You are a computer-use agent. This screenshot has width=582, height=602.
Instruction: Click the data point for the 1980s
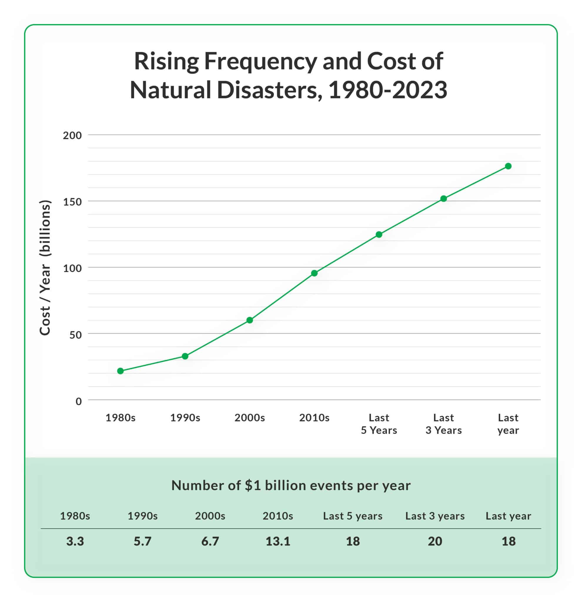[x=121, y=371]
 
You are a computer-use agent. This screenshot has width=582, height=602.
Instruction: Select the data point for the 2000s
[x=250, y=320]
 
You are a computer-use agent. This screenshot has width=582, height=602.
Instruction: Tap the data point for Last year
[x=508, y=166]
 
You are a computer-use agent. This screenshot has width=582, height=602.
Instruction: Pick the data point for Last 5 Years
[x=379, y=234]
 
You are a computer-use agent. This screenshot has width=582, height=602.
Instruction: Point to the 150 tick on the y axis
[x=73, y=202]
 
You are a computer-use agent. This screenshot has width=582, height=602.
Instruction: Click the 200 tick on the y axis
[x=73, y=136]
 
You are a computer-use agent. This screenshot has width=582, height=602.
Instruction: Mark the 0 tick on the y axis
[x=78, y=401]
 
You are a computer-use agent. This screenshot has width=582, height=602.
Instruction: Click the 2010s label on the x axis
[x=314, y=418]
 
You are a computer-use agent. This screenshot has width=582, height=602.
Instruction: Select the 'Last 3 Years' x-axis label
[x=444, y=424]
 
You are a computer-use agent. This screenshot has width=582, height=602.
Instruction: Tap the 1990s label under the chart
[x=185, y=418]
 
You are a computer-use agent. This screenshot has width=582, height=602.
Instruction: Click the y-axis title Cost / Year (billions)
[x=45, y=267]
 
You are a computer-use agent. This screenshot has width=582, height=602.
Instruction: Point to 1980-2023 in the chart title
[x=388, y=90]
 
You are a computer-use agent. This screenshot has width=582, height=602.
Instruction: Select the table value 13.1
[x=278, y=541]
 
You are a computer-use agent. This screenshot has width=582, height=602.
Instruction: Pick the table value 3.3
[x=75, y=541]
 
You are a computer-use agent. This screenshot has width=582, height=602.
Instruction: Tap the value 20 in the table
[x=435, y=541]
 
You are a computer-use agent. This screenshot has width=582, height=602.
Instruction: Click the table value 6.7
[x=210, y=541]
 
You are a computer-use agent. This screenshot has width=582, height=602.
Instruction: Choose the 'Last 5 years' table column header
[x=352, y=516]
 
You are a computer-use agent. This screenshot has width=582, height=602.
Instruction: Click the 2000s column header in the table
[x=210, y=516]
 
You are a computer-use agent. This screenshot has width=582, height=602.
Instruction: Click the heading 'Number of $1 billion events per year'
[x=291, y=486]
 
